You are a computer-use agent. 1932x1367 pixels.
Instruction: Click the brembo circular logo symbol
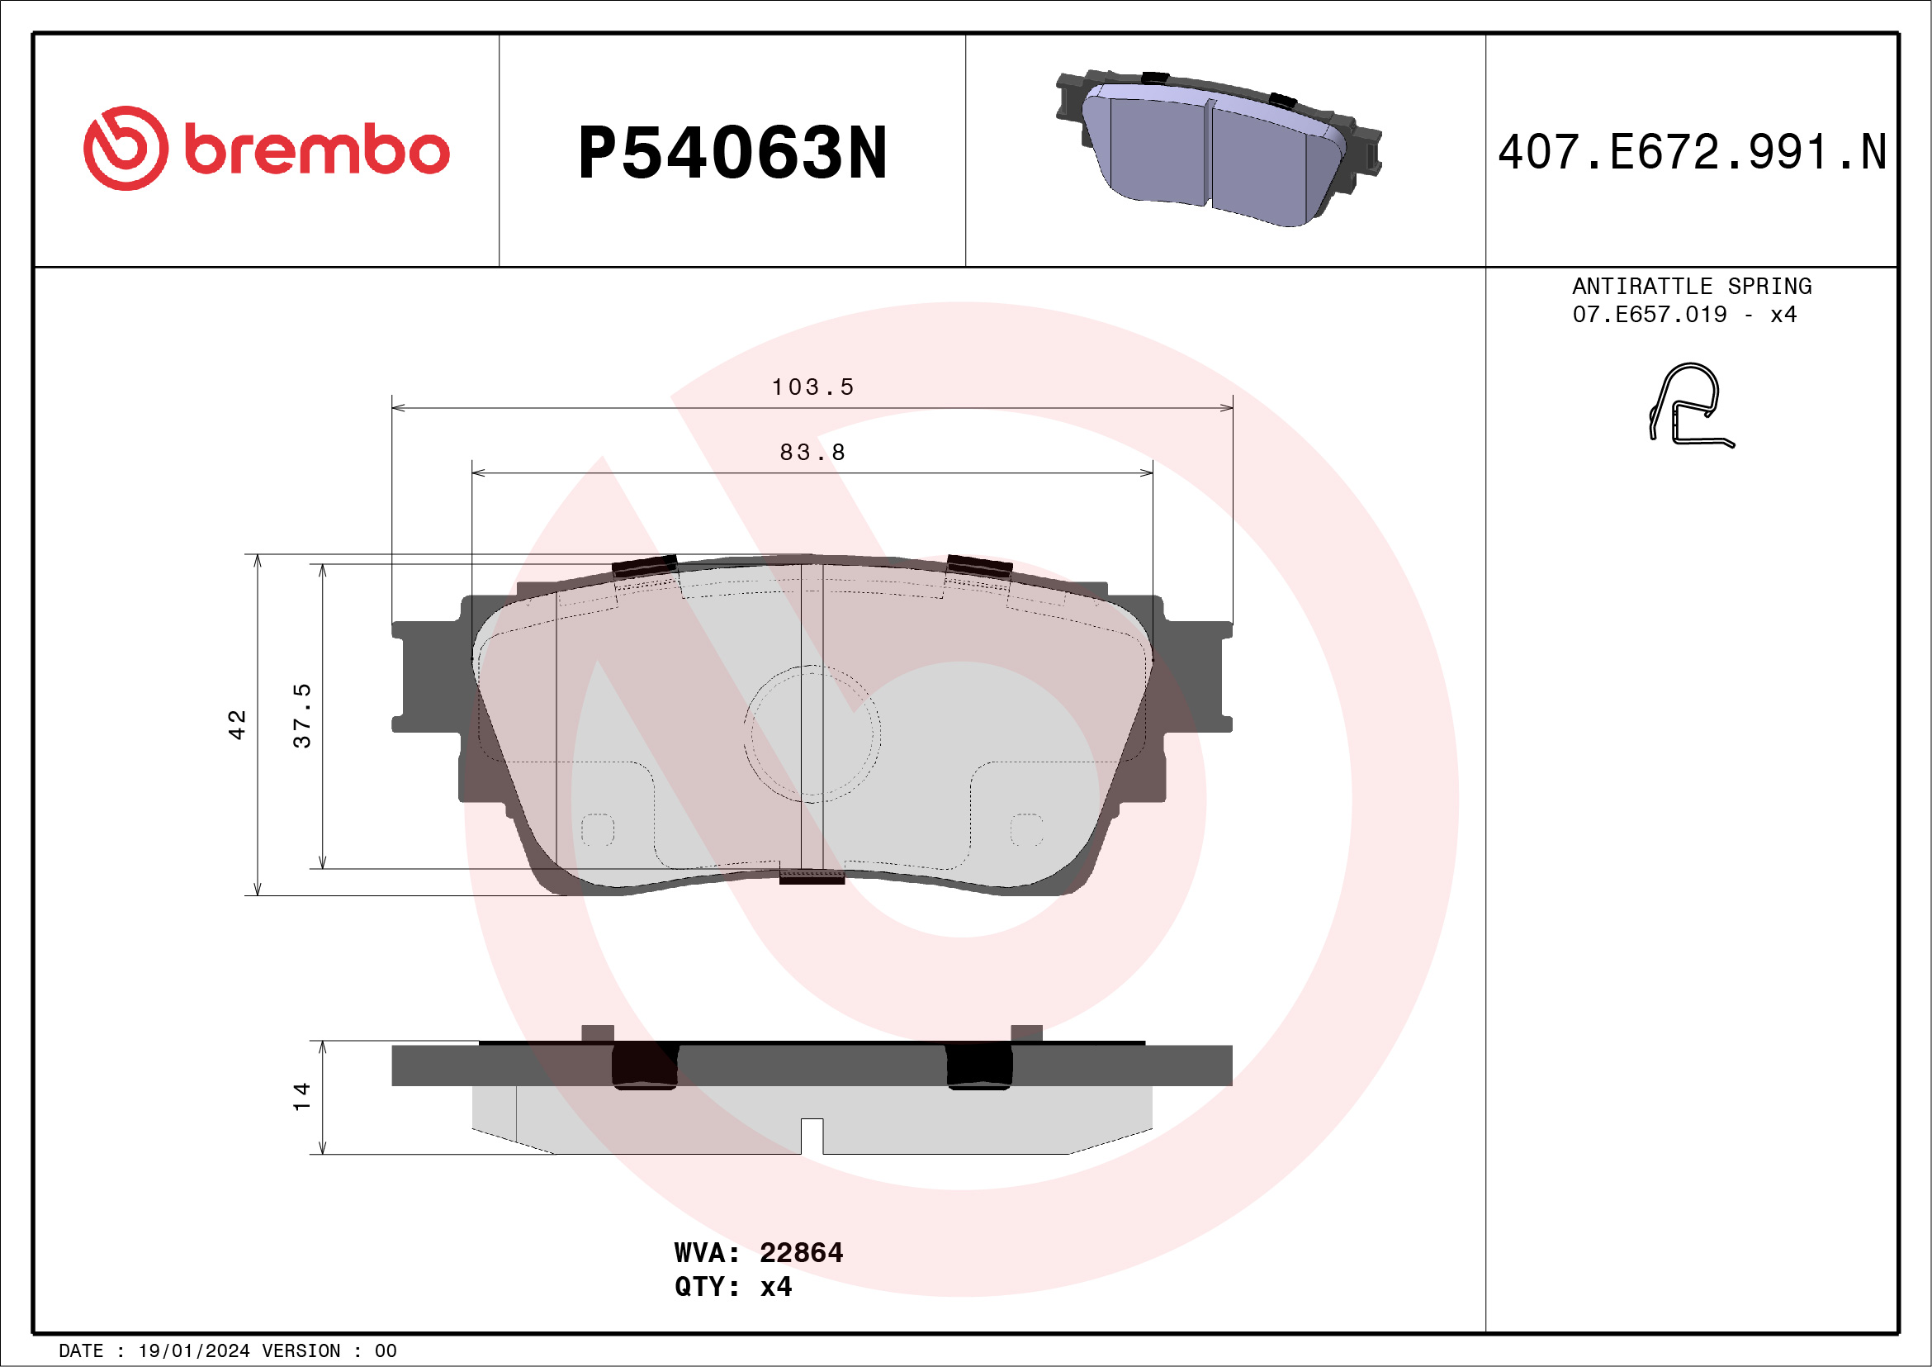tap(125, 148)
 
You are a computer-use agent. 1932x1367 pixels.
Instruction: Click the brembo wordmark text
tap(317, 150)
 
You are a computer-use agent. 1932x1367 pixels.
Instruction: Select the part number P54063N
tap(732, 152)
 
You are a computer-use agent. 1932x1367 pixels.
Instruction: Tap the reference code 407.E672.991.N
tap(1692, 152)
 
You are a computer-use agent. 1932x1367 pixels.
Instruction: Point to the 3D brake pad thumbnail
tap(1219, 148)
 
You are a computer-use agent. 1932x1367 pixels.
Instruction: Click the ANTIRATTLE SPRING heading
tap(1692, 286)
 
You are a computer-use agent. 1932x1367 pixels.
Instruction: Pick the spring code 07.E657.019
tap(1650, 314)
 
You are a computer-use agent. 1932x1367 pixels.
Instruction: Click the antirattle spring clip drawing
tap(1689, 405)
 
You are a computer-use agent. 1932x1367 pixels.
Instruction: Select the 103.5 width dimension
tap(813, 387)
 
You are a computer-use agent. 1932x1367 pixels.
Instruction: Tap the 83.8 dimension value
tap(813, 452)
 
